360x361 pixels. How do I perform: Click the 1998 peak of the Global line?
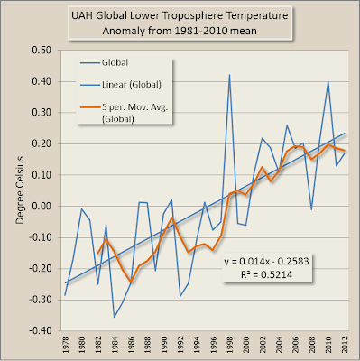[x=229, y=75]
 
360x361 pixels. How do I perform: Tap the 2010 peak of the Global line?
[x=328, y=81]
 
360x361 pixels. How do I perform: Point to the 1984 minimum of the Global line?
[x=114, y=318]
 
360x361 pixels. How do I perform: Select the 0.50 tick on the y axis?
[x=42, y=50]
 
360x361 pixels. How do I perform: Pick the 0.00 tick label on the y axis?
[x=42, y=206]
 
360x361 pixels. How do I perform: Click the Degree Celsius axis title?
[x=20, y=190]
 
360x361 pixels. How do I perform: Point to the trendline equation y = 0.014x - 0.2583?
[x=266, y=261]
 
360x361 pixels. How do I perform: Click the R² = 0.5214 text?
[x=266, y=274]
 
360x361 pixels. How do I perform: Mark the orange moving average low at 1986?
[x=131, y=282]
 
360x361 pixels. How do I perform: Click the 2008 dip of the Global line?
[x=311, y=209]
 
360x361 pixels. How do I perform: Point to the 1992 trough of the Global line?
[x=180, y=296]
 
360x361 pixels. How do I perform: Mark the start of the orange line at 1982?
[x=97, y=254]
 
